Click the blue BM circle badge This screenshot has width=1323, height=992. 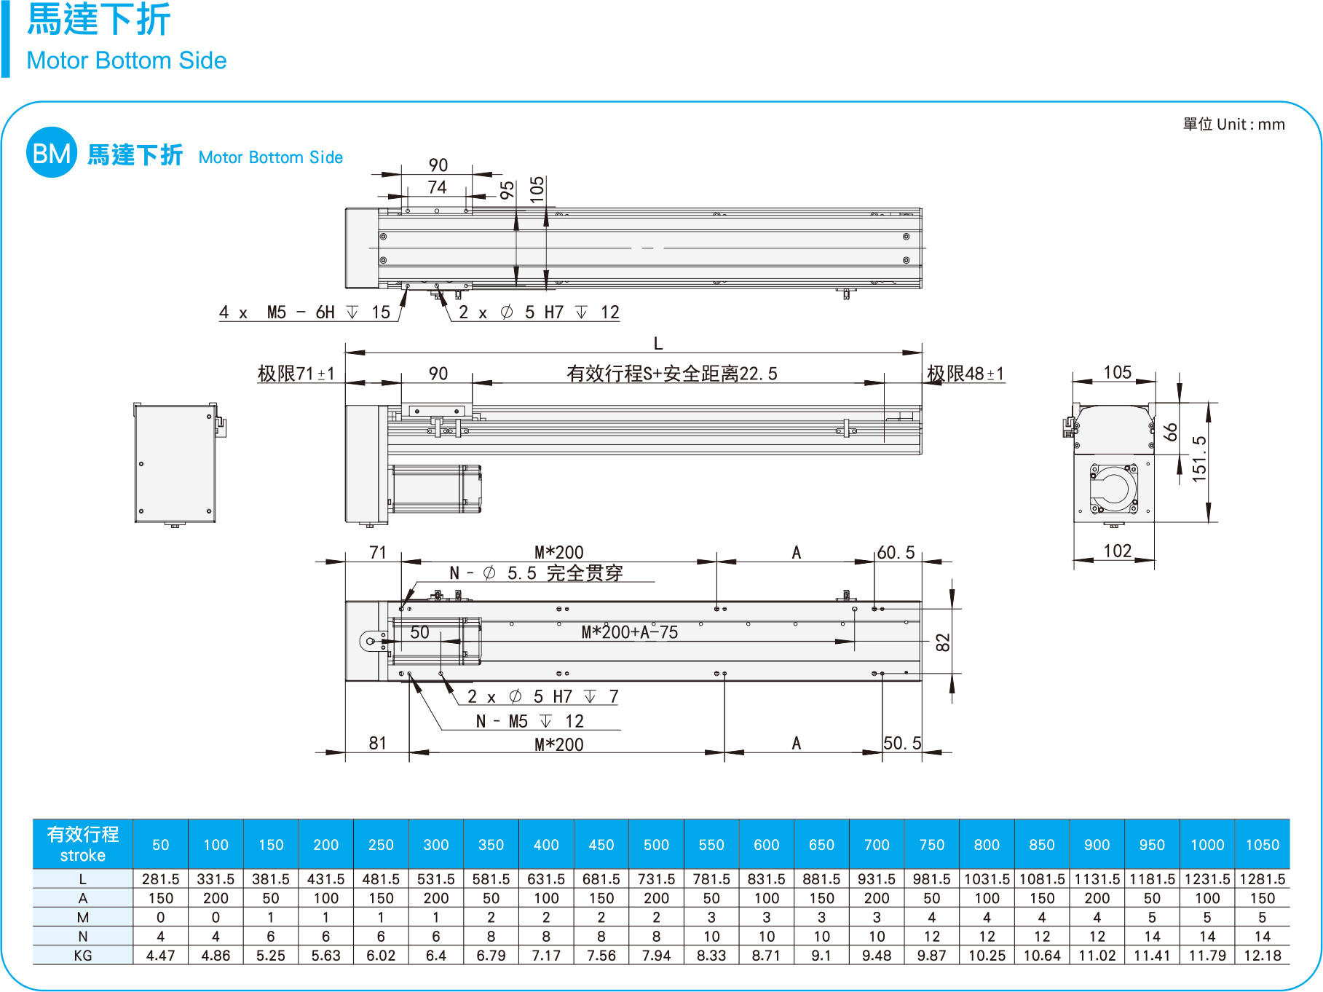coord(52,153)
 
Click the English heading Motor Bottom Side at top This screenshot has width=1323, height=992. coord(126,60)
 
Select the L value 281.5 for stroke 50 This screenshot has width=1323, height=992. coord(160,879)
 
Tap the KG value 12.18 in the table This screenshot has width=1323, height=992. coord(1262,955)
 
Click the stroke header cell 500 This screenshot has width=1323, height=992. coord(656,844)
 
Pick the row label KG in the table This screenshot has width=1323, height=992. coord(83,955)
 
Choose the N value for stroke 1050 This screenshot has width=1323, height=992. coord(1262,936)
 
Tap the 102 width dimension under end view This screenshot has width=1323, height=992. coord(1117,551)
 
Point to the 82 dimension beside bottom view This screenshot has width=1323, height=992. coord(943,642)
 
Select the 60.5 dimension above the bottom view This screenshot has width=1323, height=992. coord(896,552)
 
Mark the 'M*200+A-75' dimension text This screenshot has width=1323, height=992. coord(629,632)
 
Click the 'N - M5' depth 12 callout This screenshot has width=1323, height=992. coord(530,721)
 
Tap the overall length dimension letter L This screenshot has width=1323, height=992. coord(658,344)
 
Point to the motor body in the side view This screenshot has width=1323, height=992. coord(435,488)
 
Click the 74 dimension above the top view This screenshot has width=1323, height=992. coord(437,187)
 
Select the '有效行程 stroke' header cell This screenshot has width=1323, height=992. coord(83,844)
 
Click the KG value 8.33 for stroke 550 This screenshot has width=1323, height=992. coord(711,955)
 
